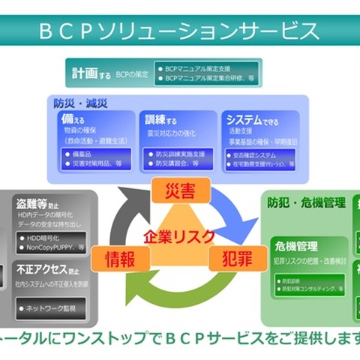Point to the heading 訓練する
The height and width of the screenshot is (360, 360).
[x=161, y=119]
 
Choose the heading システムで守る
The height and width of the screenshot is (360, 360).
[x=251, y=119]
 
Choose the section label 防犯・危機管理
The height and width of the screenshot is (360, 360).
[x=307, y=202]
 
